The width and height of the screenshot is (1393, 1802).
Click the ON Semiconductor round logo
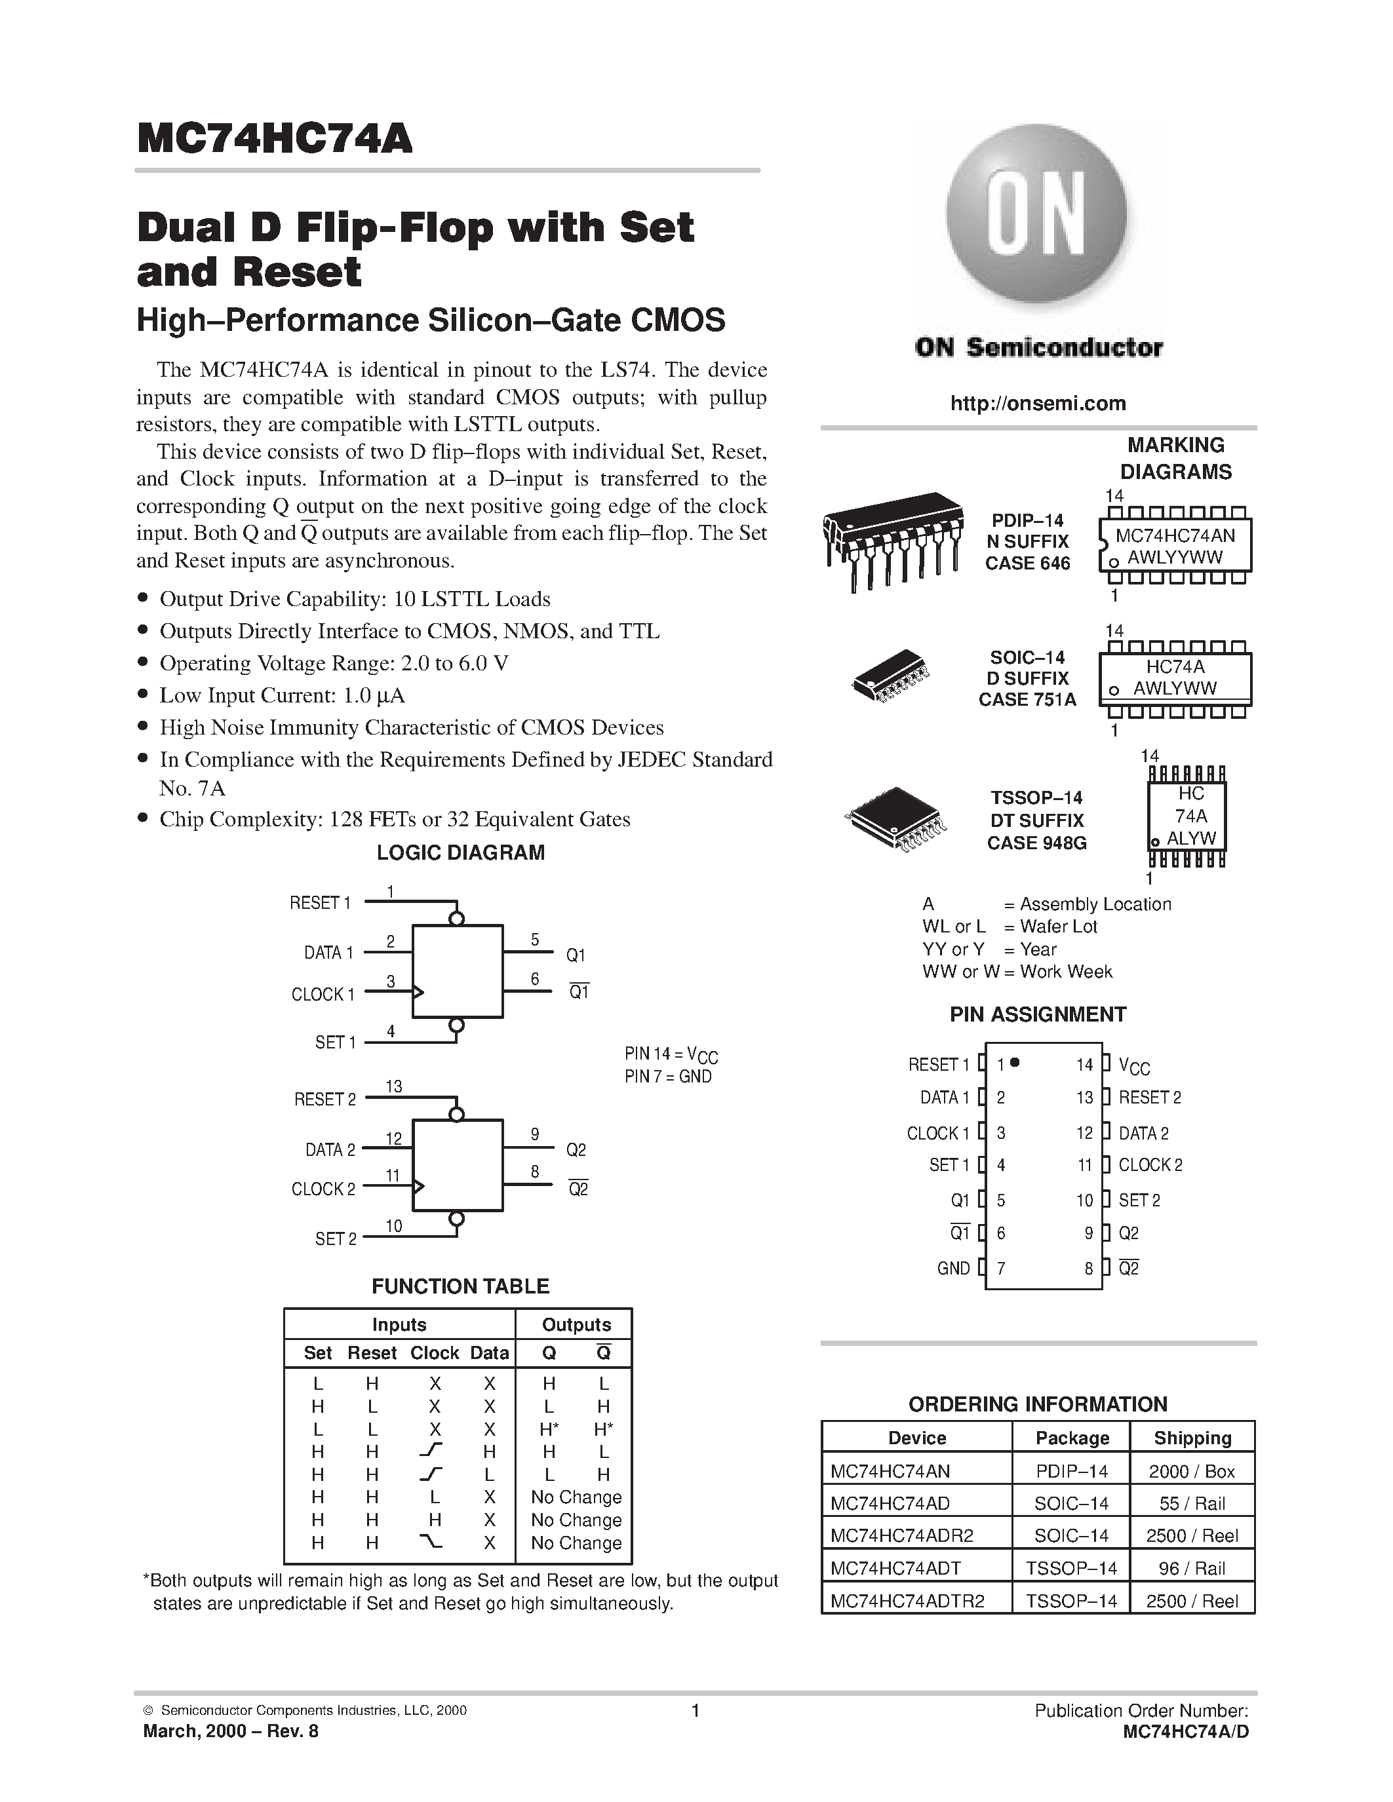tap(1036, 217)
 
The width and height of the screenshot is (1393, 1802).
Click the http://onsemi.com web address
tap(1037, 404)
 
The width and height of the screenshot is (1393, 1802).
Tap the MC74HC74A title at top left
tap(274, 139)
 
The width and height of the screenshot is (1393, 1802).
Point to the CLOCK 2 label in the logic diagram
tap(323, 1189)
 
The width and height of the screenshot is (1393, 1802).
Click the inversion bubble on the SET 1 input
tap(456, 1026)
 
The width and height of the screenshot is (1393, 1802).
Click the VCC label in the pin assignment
tap(1134, 1066)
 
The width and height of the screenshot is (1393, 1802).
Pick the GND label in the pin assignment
tap(953, 1268)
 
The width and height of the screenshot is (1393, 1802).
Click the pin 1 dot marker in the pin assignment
tap(1015, 1063)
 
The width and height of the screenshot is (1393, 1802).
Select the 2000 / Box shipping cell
tap(1192, 1471)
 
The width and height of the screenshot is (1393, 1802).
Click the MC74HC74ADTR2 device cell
tap(907, 1601)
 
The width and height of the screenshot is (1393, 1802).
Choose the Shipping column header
tap(1192, 1438)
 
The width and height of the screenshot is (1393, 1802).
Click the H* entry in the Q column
tap(549, 1428)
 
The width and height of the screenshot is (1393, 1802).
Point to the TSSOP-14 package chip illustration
tap(895, 819)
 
